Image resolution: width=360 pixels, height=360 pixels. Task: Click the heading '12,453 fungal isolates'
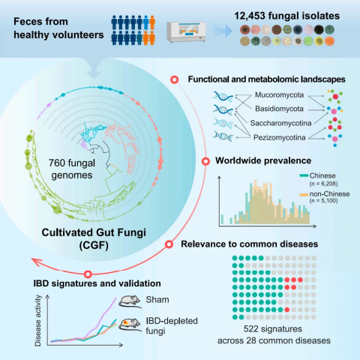pos(286,16)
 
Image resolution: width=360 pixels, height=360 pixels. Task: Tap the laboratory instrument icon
pos(186,32)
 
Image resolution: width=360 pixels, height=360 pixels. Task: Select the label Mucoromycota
pos(279,95)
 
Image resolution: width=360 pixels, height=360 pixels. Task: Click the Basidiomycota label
pos(279,109)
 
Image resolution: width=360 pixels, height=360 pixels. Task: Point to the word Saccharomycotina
pos(280,123)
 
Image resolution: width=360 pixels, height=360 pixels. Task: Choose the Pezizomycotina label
pos(280,137)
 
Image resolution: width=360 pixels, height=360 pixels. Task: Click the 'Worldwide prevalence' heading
pos(263,160)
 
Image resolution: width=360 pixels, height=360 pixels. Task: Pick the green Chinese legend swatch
pos(304,175)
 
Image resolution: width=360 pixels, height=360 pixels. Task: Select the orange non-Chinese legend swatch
pos(304,194)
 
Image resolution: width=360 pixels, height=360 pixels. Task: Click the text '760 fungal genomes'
pos(72,169)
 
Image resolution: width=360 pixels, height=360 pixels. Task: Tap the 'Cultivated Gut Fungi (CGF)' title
pos(94,239)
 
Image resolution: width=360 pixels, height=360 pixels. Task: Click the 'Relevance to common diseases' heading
pos(250,244)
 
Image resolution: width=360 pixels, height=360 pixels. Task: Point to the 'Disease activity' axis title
pos(38,320)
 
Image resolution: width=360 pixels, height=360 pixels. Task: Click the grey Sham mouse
pos(130,301)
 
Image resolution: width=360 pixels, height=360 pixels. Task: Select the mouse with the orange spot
pos(130,325)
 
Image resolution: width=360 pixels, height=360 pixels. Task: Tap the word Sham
pos(157,299)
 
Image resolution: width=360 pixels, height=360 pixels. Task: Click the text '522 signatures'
pos(273,329)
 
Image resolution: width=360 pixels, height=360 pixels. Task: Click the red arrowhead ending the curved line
pos(36,262)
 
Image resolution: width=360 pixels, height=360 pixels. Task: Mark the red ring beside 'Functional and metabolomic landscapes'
pos(175,79)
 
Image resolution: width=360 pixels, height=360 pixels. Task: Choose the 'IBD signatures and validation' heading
pos(97,283)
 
